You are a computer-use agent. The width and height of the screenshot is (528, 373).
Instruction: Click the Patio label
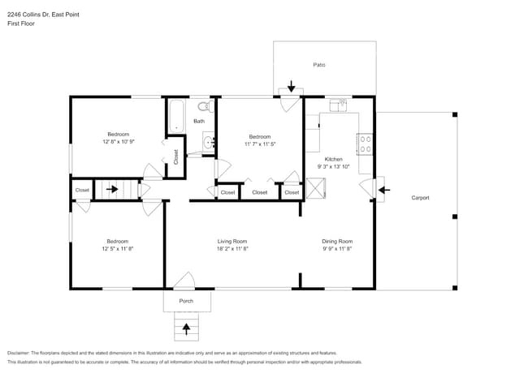(319, 64)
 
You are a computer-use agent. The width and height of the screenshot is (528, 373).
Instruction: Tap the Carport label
(420, 197)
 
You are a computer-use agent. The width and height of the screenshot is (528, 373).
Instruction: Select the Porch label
(187, 301)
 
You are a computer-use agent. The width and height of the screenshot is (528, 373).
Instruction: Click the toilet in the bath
(204, 106)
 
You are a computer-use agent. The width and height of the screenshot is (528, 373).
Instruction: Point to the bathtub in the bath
(176, 114)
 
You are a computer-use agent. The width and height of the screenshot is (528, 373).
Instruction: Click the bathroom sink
(208, 143)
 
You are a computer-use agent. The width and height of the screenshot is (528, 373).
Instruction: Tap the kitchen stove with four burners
(366, 144)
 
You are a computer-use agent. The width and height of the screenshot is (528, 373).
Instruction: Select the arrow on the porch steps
(187, 328)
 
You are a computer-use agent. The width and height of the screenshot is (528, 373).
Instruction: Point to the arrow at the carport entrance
(384, 191)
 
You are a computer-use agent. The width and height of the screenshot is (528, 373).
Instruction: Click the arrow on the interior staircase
(113, 191)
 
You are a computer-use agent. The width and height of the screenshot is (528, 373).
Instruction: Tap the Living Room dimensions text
(232, 249)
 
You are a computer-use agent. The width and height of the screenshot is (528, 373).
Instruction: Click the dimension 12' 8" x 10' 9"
(119, 142)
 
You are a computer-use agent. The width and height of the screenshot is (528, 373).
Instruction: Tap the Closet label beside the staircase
(82, 191)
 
